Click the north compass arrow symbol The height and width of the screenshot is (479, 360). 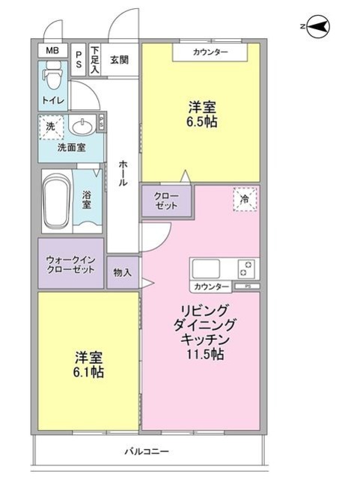(x=318, y=27)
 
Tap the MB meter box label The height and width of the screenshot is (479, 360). (x=52, y=50)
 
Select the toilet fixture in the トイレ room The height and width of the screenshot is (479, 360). (x=52, y=75)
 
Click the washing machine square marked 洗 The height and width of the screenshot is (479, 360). (x=51, y=126)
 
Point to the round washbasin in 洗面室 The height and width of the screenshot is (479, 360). (x=82, y=126)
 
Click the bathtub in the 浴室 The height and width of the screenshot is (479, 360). (x=57, y=201)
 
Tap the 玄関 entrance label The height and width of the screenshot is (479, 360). (x=119, y=60)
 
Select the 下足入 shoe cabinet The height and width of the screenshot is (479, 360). (x=95, y=60)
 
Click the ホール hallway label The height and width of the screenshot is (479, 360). (x=123, y=173)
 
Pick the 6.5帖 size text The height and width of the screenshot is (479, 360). (x=202, y=122)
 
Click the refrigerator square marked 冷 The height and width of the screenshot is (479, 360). (x=245, y=199)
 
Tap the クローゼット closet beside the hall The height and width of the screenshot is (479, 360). (x=167, y=201)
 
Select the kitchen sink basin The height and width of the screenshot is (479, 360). (x=206, y=269)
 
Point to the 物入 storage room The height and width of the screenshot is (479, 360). (x=123, y=272)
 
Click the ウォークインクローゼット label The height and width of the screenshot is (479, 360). (x=70, y=264)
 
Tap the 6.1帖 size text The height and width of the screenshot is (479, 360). (x=88, y=373)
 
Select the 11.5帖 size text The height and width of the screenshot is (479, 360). (x=205, y=354)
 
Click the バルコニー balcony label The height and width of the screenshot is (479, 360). (x=147, y=451)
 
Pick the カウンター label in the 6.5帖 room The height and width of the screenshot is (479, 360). (x=210, y=52)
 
